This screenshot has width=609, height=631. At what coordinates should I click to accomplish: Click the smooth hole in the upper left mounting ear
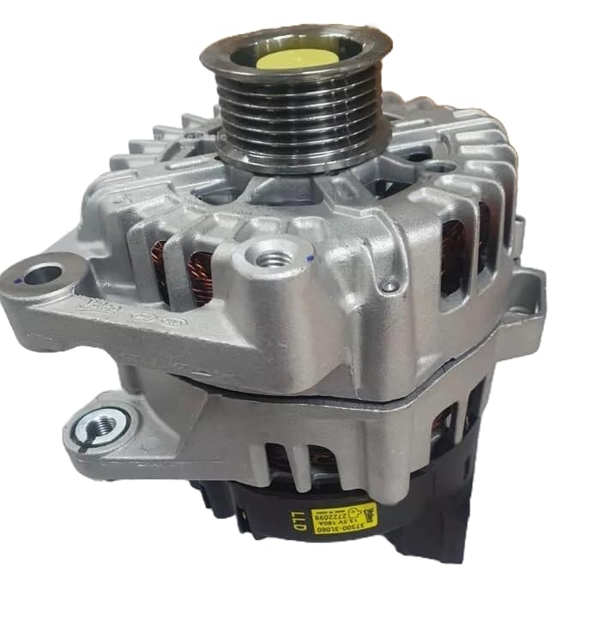[43, 275]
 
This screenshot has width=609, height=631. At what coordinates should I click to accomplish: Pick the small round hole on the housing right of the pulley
[418, 155]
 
